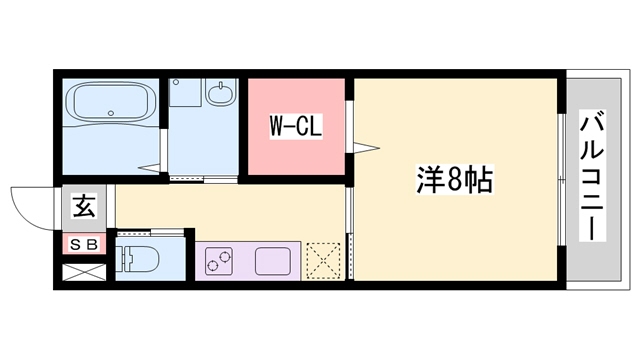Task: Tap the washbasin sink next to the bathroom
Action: pyautogui.click(x=219, y=96)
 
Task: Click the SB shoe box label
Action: pyautogui.click(x=83, y=242)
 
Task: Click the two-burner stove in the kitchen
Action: pyautogui.click(x=219, y=262)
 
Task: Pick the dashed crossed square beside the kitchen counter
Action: pyautogui.click(x=324, y=260)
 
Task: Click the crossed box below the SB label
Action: pyautogui.click(x=83, y=270)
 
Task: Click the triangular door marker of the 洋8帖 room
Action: pyautogui.click(x=366, y=150)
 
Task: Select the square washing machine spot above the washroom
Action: pyautogui.click(x=184, y=95)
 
